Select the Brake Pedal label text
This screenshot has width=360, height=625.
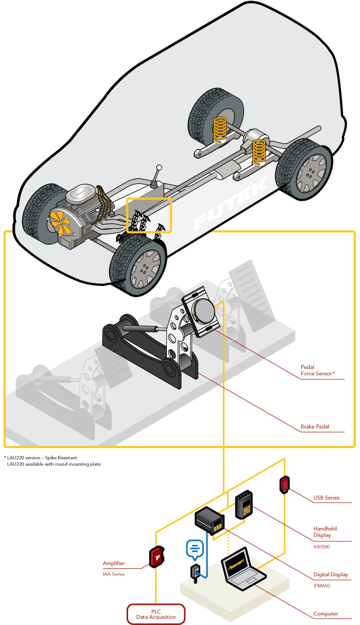tap(315, 426)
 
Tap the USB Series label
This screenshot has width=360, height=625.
tap(326, 498)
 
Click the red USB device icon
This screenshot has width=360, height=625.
tap(285, 484)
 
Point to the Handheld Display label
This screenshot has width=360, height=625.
tap(325, 532)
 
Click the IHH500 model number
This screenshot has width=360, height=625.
tap(321, 547)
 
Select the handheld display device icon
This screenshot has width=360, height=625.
tap(244, 505)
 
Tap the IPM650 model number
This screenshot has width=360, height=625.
tap(321, 586)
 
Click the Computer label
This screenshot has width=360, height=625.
tap(325, 614)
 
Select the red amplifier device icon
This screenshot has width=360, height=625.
tap(157, 557)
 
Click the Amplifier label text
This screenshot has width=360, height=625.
tap(114, 564)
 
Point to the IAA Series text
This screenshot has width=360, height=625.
tap(113, 574)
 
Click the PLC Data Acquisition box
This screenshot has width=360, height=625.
tap(156, 614)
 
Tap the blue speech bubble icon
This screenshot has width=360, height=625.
tap(194, 549)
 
